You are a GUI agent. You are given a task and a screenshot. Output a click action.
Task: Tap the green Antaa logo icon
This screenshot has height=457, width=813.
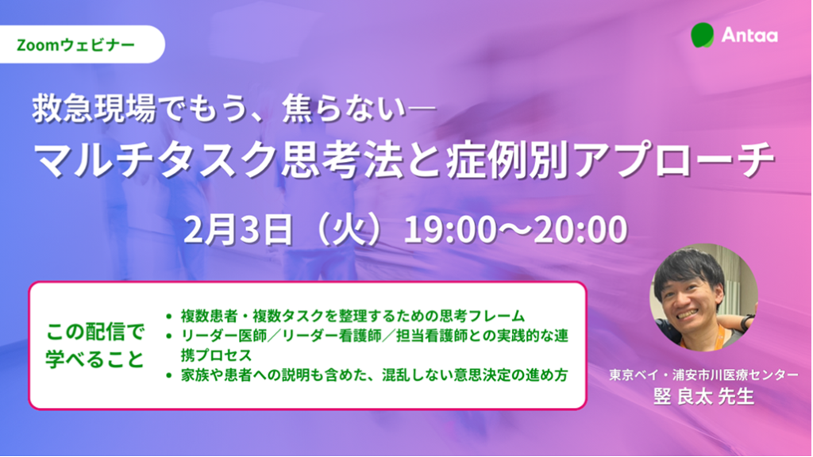(x=703, y=35)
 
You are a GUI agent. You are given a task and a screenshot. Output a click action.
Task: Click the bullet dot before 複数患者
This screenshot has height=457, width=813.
(x=168, y=316)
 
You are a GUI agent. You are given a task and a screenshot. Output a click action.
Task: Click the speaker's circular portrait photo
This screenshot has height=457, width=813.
(x=703, y=296)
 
